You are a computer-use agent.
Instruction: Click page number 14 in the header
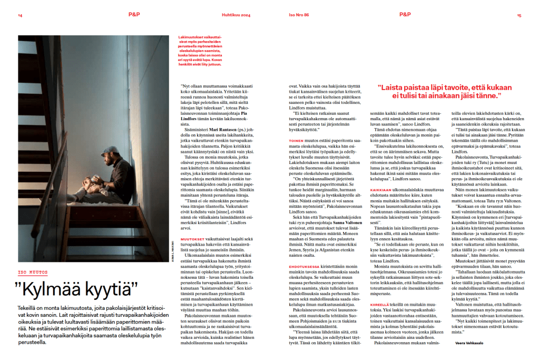20,15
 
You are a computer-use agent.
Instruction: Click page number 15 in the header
519,15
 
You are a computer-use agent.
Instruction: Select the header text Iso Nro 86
299,15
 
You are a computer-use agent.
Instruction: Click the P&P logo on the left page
134,15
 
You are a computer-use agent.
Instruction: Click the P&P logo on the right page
405,15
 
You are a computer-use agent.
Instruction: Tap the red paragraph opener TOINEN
297,141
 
